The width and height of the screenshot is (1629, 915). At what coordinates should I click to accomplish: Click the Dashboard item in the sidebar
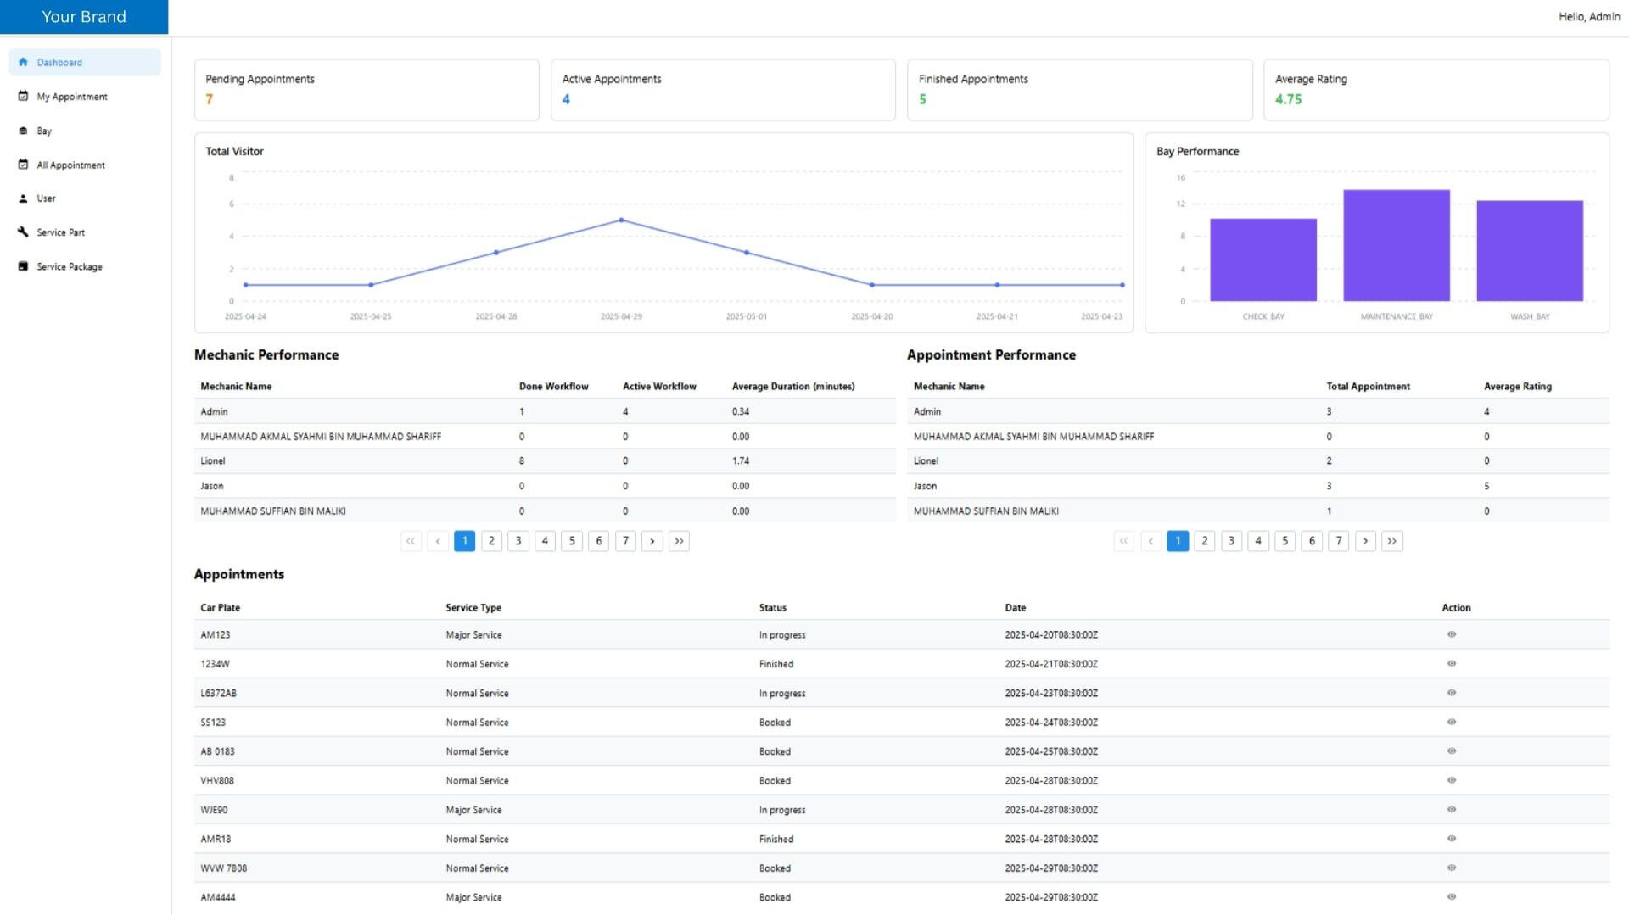[59, 63]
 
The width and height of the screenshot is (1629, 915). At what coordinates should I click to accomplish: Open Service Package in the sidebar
[69, 267]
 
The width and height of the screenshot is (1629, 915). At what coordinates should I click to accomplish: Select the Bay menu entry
[44, 131]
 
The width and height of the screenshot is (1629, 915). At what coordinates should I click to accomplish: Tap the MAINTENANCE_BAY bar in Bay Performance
[1396, 246]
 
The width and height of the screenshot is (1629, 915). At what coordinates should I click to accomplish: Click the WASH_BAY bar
[1529, 251]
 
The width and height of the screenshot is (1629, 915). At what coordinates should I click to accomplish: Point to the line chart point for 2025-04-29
[621, 220]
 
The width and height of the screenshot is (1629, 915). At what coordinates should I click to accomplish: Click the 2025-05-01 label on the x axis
[746, 317]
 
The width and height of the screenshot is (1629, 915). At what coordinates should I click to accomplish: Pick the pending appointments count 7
[210, 99]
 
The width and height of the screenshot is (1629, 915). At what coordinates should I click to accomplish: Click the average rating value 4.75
[1288, 99]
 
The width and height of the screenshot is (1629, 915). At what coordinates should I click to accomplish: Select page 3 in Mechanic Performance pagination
[518, 541]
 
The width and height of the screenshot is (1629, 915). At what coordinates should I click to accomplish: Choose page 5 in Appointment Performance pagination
[1285, 541]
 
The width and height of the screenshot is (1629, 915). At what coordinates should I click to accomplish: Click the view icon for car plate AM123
[1451, 634]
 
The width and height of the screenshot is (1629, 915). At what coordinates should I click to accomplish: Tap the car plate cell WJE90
[214, 810]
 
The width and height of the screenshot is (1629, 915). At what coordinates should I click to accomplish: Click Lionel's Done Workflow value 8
[522, 461]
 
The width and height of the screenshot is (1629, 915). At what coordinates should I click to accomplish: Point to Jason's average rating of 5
[1486, 487]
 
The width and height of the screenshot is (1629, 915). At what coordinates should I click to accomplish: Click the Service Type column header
[473, 608]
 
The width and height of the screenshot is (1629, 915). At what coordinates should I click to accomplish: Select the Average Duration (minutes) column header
[792, 387]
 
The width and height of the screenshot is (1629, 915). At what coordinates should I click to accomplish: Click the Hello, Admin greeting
[1588, 17]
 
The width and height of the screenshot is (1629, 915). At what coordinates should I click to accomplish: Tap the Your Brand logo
[84, 17]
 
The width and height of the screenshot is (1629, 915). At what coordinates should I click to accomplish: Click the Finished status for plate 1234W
[776, 664]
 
